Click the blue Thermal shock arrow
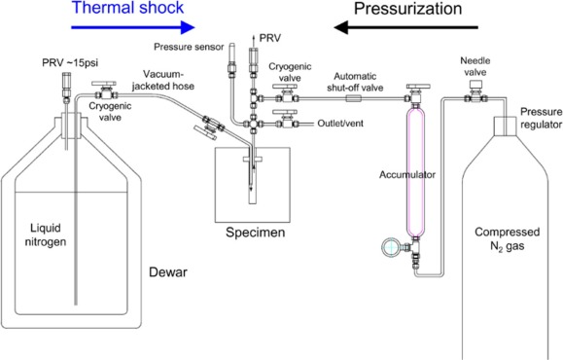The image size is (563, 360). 133,27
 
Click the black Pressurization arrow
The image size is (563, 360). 405,27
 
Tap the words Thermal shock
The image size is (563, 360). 127,8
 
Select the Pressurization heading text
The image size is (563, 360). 407,9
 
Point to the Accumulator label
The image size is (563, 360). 407,174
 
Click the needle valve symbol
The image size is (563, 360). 475,92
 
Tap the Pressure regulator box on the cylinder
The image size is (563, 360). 506,126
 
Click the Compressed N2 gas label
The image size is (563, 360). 507,238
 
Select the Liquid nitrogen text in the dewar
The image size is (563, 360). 46,234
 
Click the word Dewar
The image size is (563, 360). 168,272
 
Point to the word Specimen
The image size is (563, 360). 256,233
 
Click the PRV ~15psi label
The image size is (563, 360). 70,63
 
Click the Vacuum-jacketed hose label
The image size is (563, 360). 163,80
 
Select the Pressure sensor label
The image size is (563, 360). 189,47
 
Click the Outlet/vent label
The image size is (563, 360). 340,124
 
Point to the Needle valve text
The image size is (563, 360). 475,66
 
